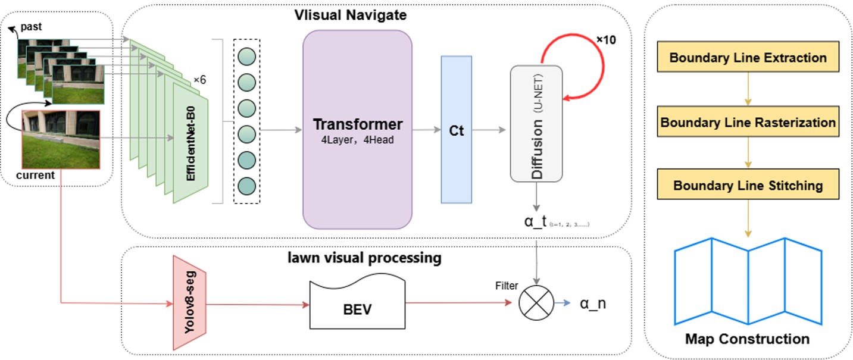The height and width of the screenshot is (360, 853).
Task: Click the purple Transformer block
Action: (357, 129)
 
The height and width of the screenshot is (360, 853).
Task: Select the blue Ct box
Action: (456, 130)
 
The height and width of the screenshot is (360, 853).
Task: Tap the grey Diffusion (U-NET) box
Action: (536, 123)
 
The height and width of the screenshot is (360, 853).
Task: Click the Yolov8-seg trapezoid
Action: (189, 303)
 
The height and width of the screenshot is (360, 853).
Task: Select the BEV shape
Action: (357, 305)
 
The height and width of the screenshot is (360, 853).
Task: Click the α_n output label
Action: (593, 303)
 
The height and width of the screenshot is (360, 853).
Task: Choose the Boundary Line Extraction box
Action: (748, 58)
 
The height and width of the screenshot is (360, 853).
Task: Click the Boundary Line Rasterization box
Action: (748, 123)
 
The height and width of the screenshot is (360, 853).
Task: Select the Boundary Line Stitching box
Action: (748, 185)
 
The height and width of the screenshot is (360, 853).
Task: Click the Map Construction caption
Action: (748, 339)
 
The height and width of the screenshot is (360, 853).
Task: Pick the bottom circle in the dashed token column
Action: (247, 186)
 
